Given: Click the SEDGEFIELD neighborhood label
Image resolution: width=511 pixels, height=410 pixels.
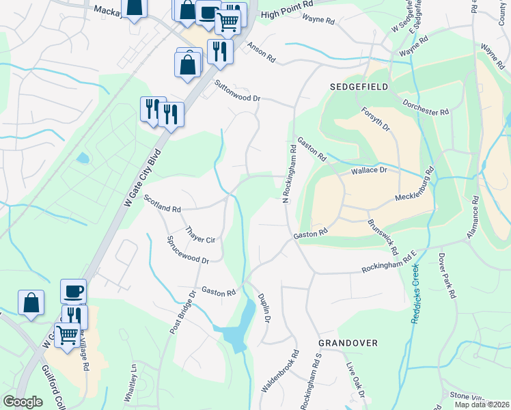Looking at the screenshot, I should click(x=359, y=87).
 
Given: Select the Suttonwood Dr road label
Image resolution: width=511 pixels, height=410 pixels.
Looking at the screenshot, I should click(x=238, y=92).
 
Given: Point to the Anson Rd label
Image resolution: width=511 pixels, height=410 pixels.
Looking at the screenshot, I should click(x=261, y=53).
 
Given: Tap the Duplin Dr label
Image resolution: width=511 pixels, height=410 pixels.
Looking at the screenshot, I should click(x=265, y=308).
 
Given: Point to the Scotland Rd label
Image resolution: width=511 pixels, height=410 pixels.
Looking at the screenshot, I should click(x=163, y=202).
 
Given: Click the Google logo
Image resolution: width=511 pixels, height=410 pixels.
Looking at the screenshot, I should click(x=23, y=402).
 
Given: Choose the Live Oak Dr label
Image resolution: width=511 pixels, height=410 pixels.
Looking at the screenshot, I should click(x=356, y=380).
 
